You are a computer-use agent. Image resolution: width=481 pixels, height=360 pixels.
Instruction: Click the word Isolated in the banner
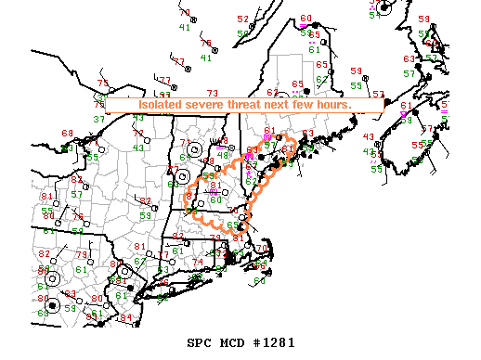[162, 106]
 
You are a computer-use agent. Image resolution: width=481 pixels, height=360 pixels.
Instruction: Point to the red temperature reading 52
[243, 19]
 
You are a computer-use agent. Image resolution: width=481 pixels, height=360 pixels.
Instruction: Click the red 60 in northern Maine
[306, 19]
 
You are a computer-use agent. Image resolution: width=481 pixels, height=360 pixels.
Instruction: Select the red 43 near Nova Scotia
[369, 137]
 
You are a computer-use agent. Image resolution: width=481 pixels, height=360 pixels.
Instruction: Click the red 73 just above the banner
[212, 93]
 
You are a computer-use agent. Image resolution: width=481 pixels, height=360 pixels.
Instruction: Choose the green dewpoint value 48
[223, 156]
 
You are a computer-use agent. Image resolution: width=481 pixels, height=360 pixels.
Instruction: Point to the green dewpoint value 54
[374, 14]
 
